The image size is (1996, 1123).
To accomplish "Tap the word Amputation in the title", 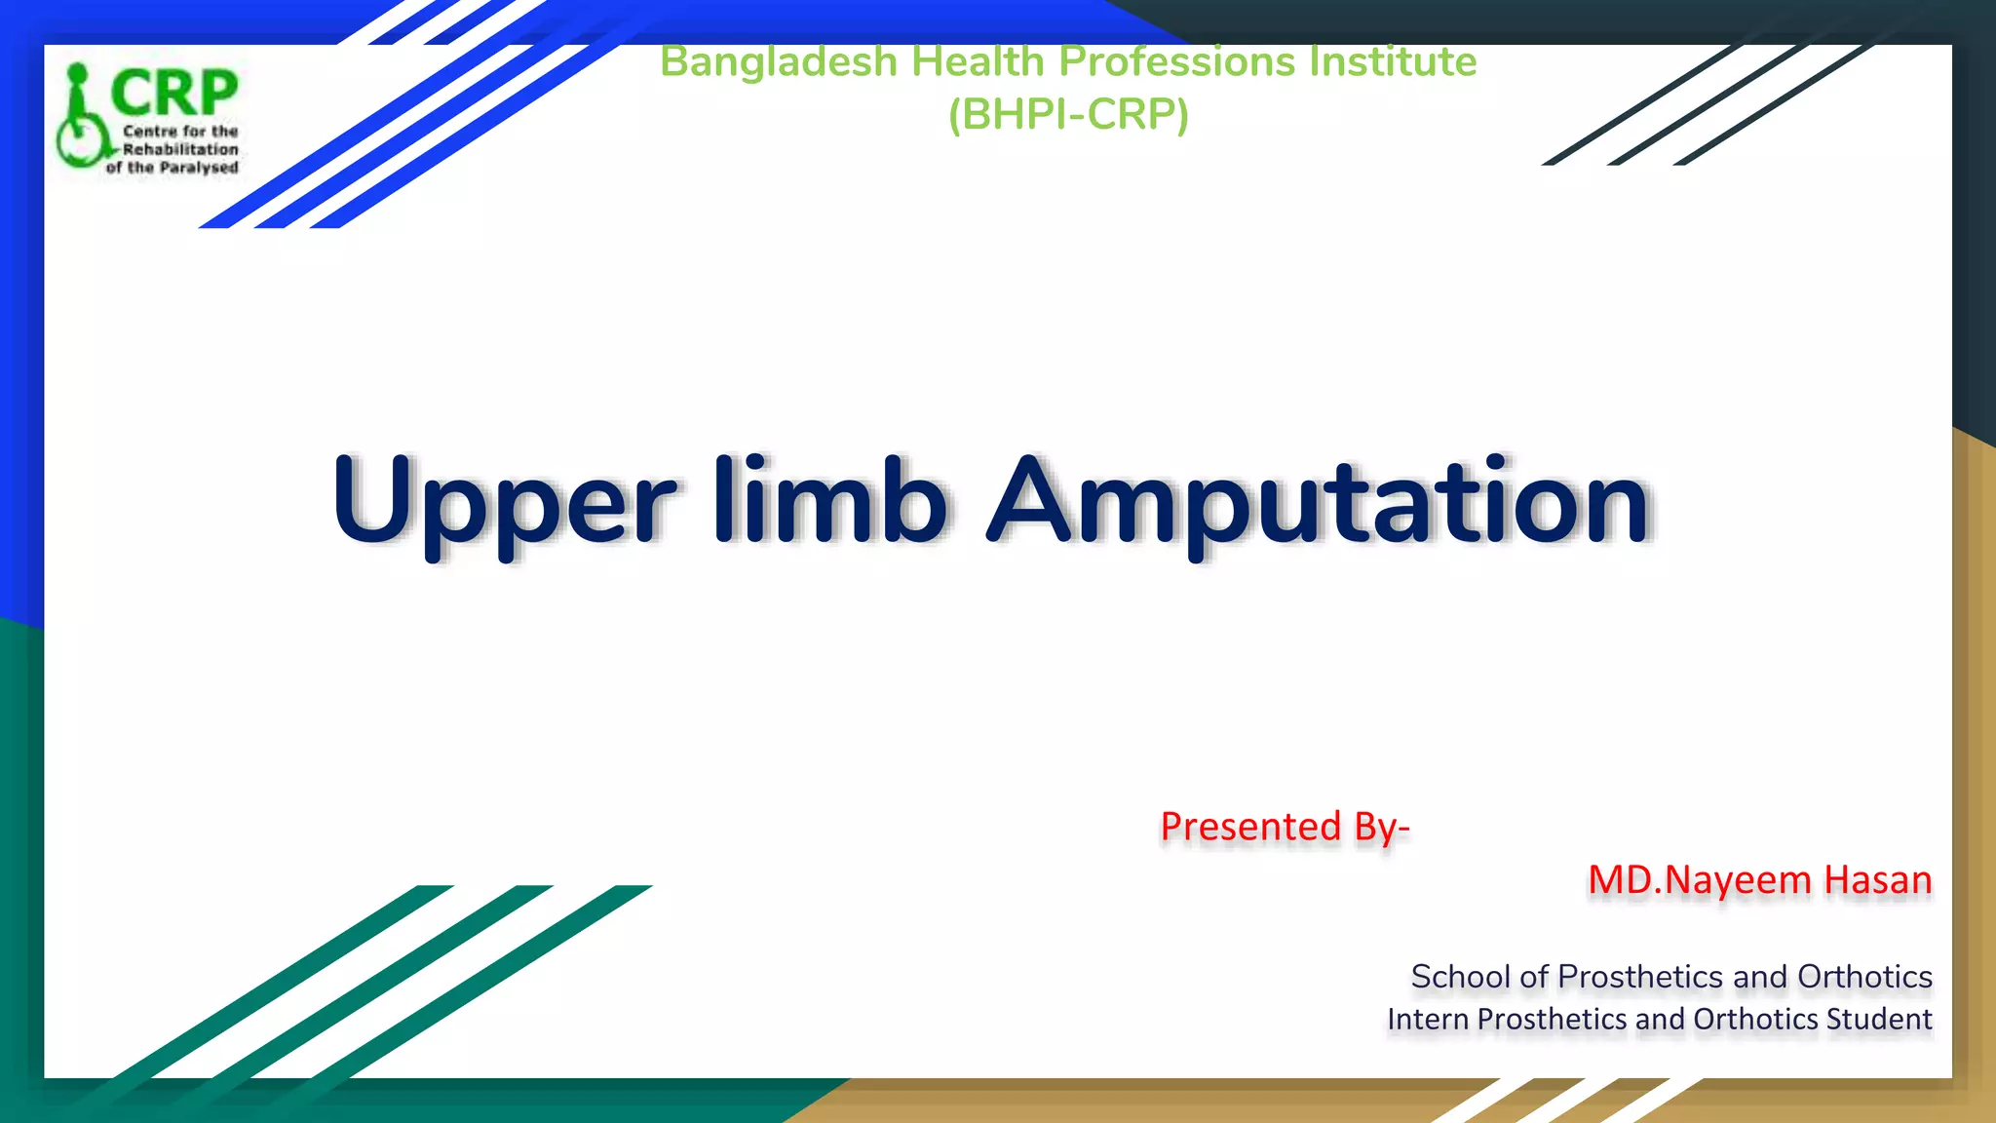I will point(1320,502).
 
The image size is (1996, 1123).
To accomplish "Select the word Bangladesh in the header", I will point(778,63).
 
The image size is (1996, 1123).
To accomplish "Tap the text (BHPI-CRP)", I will point(1068,114).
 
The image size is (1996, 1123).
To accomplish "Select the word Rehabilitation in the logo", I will point(180,149).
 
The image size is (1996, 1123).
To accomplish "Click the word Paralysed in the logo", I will point(199,168).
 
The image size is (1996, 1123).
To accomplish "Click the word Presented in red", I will point(1251,827).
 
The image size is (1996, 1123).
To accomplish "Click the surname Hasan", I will point(1878,880).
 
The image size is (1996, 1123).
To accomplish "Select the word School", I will point(1460,977).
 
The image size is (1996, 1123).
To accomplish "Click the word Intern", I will point(1429,1020).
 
